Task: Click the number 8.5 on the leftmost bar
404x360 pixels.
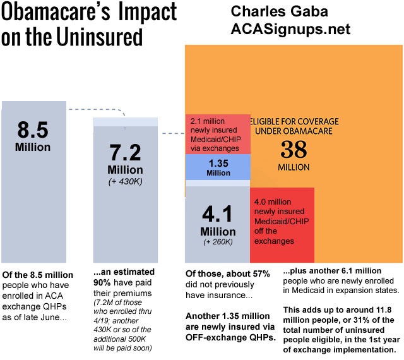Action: pyautogui.click(x=33, y=130)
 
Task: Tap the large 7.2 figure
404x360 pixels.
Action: pyautogui.click(x=125, y=152)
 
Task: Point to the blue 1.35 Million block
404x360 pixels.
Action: pyautogui.click(x=217, y=167)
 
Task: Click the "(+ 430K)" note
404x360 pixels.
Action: pyautogui.click(x=125, y=183)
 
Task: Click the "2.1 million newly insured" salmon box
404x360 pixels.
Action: pyautogui.click(x=217, y=134)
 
